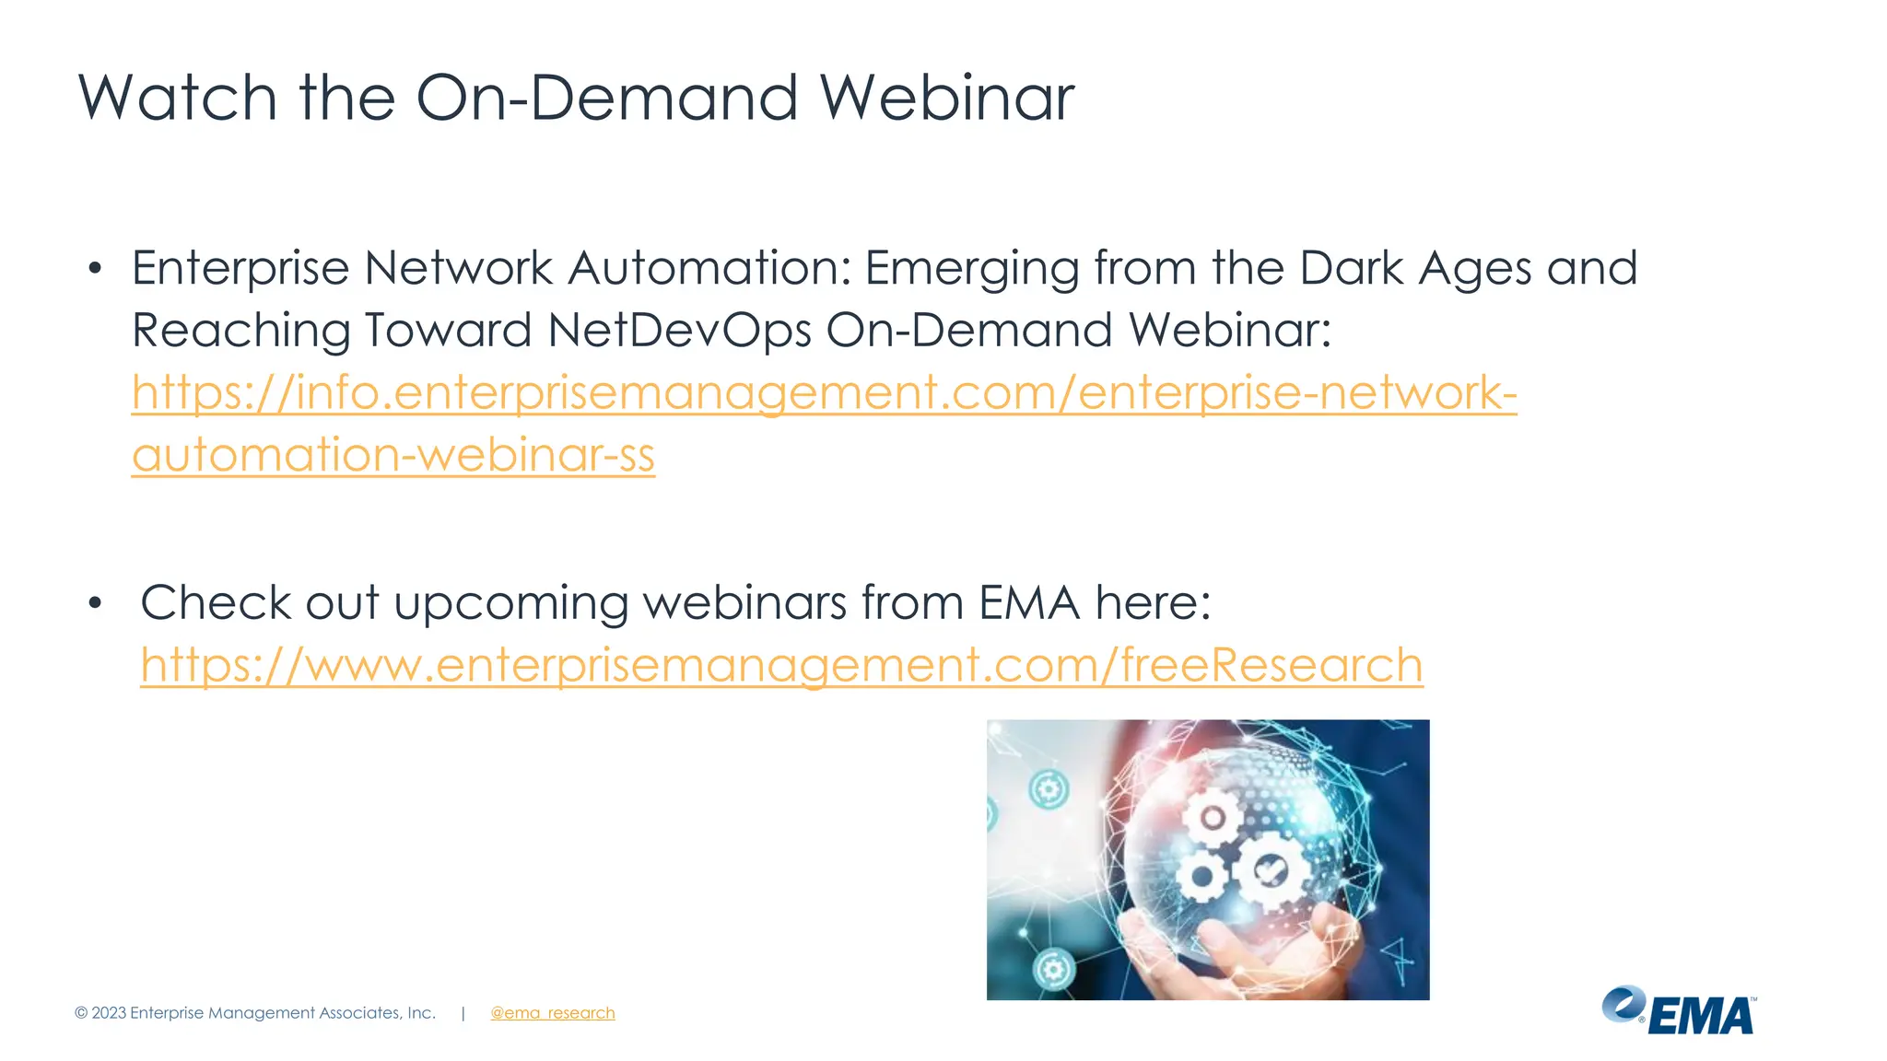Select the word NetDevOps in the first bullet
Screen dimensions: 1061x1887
[679, 330]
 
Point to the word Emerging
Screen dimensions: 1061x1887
[971, 269]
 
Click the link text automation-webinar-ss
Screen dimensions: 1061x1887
[393, 455]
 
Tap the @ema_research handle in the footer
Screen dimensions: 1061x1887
[552, 1013]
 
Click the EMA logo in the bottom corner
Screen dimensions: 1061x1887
[1679, 1011]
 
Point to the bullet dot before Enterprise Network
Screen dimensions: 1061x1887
[95, 269]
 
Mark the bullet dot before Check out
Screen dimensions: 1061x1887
[95, 603]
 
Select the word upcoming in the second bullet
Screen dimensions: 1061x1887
[510, 604]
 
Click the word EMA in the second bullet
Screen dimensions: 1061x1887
[1028, 603]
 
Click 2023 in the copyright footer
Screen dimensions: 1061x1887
[109, 1013]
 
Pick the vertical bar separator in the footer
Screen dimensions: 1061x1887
[463, 1013]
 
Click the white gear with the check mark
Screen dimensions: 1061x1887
[1272, 869]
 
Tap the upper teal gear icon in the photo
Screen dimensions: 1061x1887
[1049, 789]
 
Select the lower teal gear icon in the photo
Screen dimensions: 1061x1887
[1054, 969]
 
